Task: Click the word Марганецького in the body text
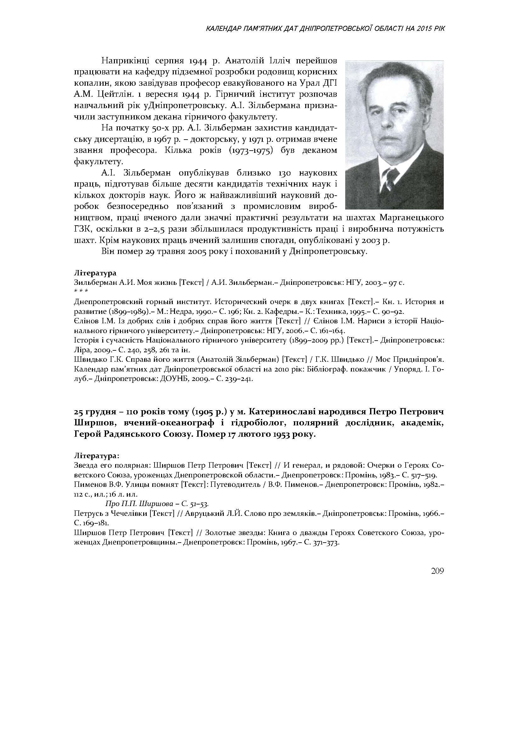(412, 218)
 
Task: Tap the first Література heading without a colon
(95, 273)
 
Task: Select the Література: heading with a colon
(97, 456)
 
